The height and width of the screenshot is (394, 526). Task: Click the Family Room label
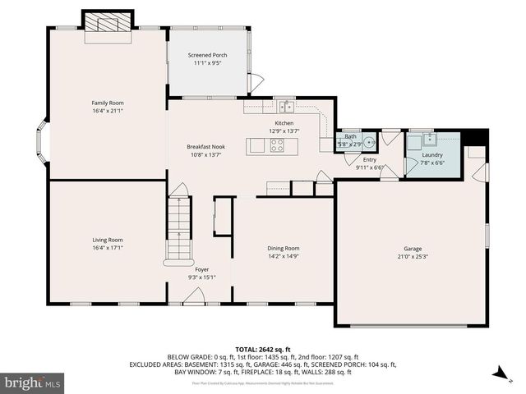(x=107, y=103)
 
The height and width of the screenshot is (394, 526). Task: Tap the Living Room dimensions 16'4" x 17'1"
(x=107, y=247)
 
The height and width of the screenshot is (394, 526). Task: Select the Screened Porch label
(x=207, y=55)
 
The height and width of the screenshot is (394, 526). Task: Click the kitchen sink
(x=285, y=106)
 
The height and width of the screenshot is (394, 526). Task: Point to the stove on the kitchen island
(x=277, y=145)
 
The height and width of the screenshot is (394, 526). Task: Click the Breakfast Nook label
(x=205, y=147)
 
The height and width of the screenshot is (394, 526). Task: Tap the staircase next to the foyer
(x=178, y=229)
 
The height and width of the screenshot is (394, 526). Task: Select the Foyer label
(x=201, y=269)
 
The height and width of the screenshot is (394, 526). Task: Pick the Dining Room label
(x=283, y=248)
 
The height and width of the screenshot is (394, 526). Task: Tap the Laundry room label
(x=432, y=154)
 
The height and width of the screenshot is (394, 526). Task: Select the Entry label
(x=370, y=159)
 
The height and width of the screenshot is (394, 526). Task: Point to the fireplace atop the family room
(x=108, y=21)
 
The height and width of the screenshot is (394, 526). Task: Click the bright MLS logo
(x=33, y=383)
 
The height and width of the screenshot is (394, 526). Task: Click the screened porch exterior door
(x=257, y=82)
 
